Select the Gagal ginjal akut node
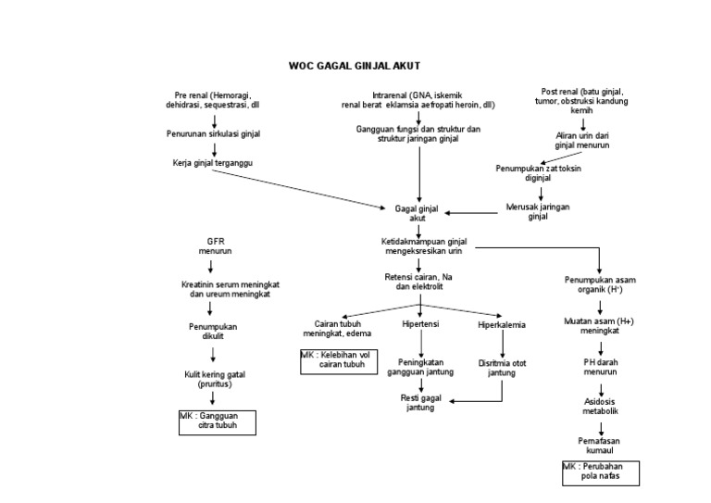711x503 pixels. point(418,212)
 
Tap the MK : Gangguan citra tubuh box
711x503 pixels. point(217,422)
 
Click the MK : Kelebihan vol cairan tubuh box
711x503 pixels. point(333,360)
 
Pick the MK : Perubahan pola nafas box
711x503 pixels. point(601,472)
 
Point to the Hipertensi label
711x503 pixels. point(420,324)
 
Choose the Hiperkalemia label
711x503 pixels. point(502,325)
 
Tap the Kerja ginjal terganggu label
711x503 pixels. point(212,163)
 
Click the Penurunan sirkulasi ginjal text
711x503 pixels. point(213,133)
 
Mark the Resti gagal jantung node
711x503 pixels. point(420,402)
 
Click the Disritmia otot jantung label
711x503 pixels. point(502,367)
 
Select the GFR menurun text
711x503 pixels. point(215,245)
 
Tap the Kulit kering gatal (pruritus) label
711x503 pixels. point(214,378)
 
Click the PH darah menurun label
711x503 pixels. point(600,366)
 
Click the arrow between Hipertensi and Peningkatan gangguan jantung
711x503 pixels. point(420,343)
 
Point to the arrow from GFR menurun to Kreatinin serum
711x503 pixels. point(212,266)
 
